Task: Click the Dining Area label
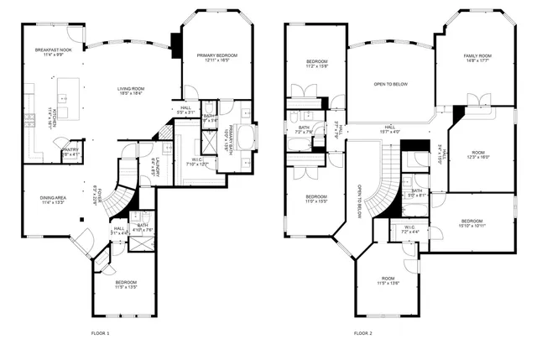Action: click(53, 200)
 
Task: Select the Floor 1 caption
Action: click(100, 333)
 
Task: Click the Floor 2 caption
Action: click(362, 333)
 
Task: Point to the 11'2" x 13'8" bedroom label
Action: click(316, 64)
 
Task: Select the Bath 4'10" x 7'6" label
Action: click(143, 227)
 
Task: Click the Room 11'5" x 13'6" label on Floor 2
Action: click(387, 281)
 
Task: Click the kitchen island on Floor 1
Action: click(68, 89)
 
